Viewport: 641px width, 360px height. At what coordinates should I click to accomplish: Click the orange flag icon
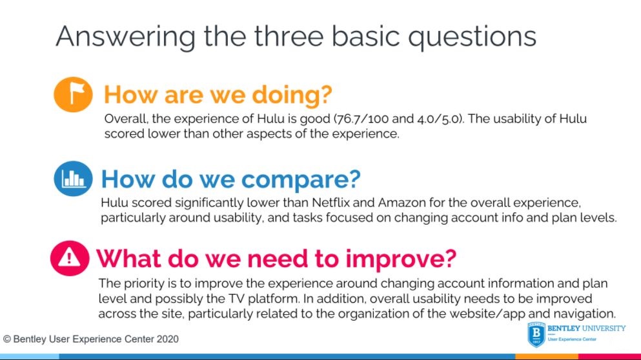[x=73, y=94]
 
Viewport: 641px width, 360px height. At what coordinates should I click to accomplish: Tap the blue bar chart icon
[x=73, y=179]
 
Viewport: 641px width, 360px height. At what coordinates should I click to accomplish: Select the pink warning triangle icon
[x=70, y=258]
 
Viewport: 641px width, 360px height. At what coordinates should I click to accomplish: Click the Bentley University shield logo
[x=536, y=334]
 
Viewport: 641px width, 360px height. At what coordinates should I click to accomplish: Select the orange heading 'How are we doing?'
[x=218, y=94]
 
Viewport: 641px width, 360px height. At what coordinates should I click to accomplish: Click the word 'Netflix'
[x=331, y=203]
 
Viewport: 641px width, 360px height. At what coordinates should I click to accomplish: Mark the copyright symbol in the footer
[x=6, y=339]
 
